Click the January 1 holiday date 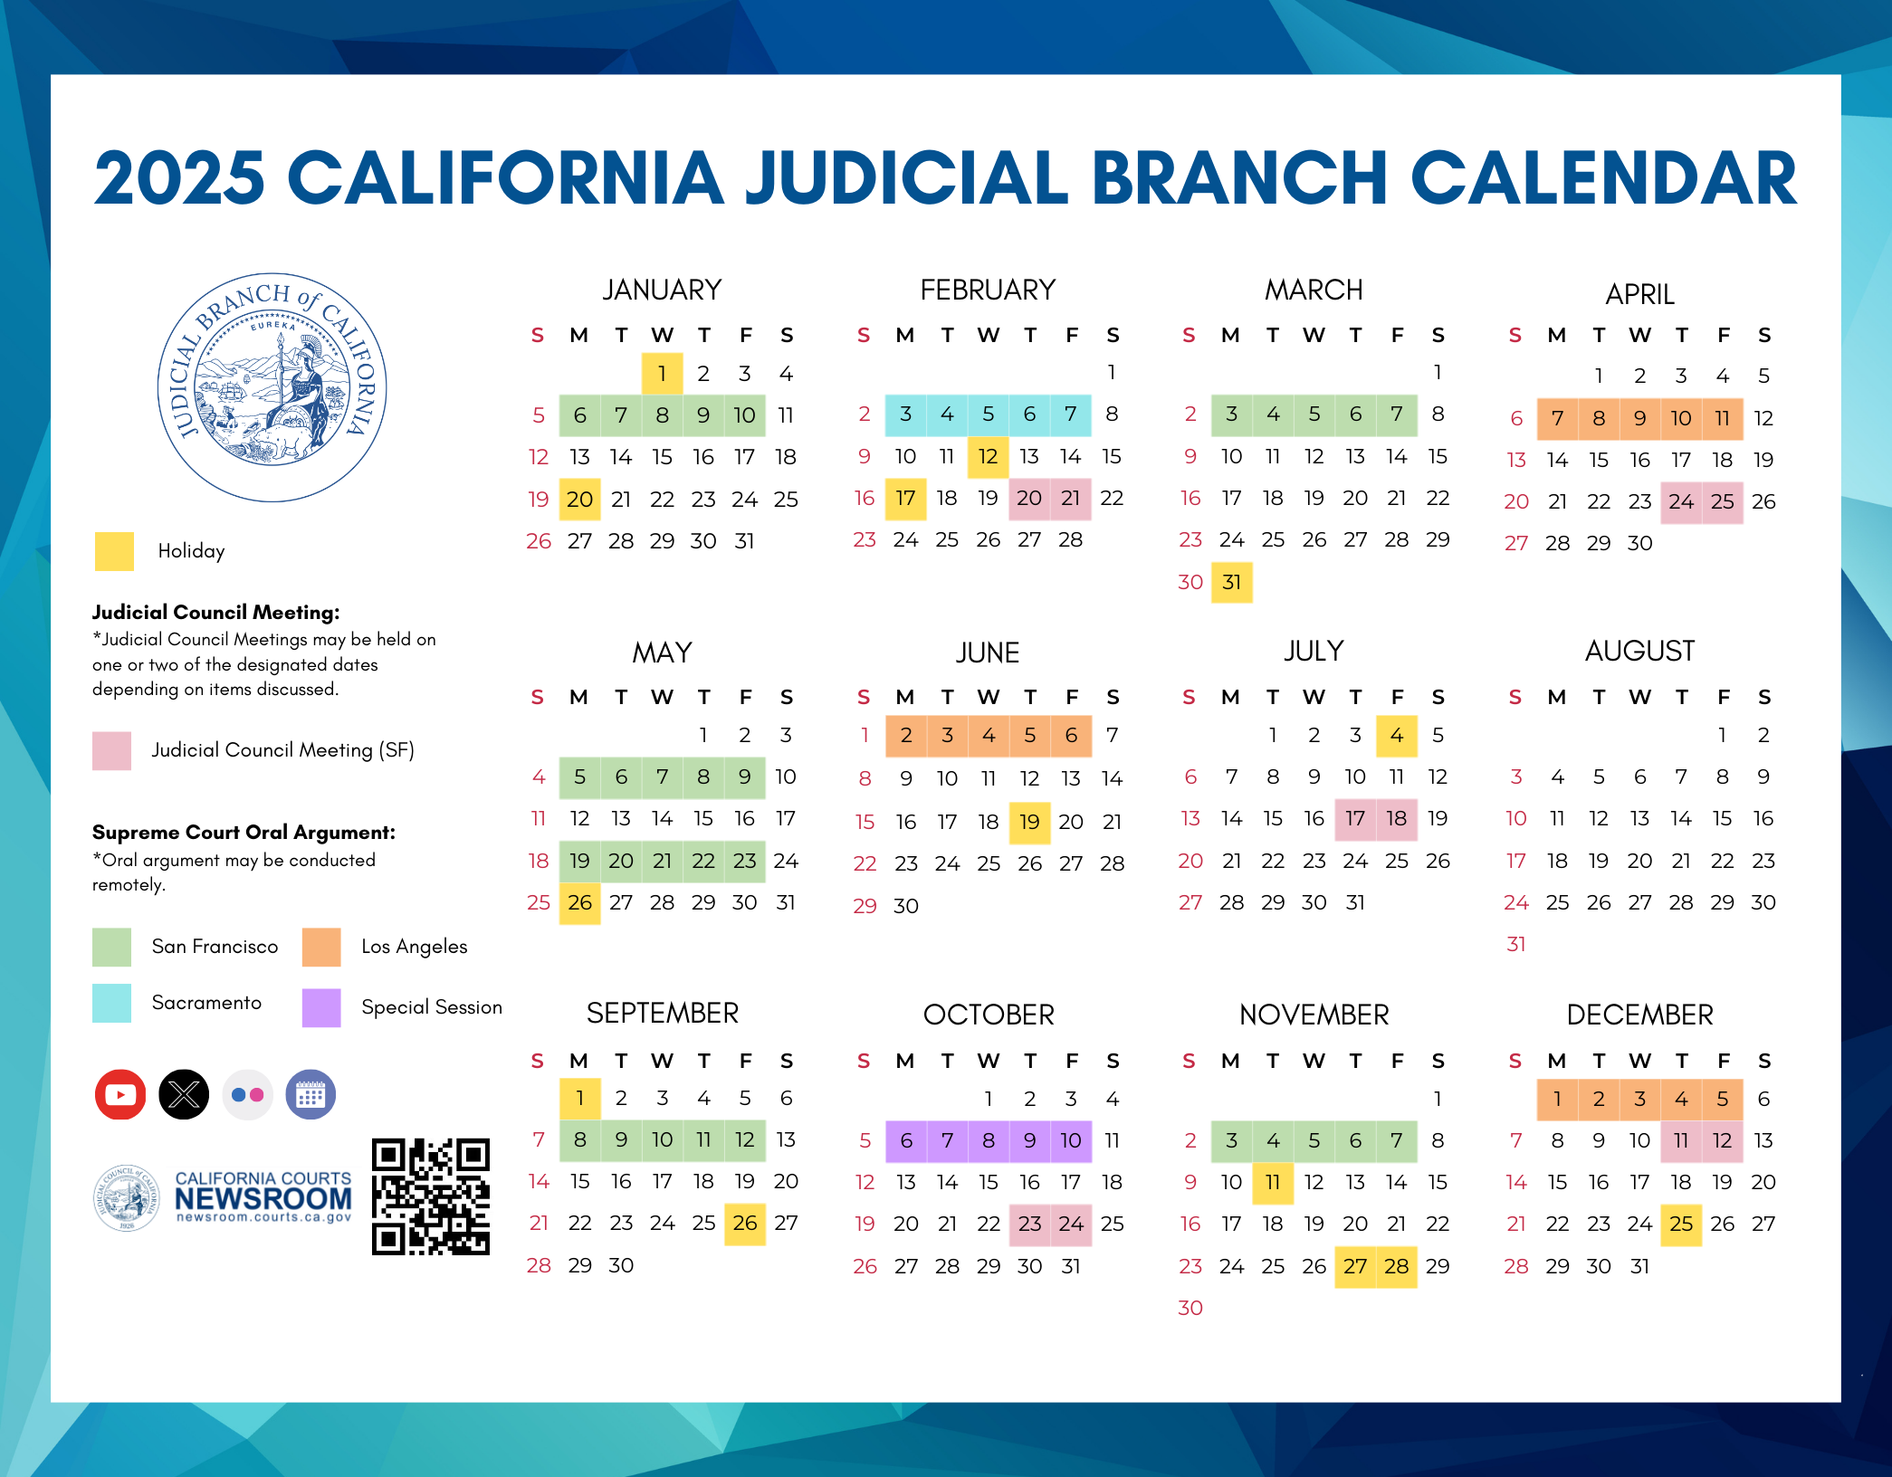[x=662, y=373]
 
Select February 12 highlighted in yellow [x=988, y=456]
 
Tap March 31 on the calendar [x=1231, y=582]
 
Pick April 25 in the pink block [x=1722, y=501]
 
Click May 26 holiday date [x=579, y=902]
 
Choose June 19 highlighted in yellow [x=1029, y=821]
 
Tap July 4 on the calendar [x=1396, y=735]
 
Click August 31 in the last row [x=1516, y=944]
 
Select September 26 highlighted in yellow [x=744, y=1223]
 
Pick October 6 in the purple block [x=906, y=1140]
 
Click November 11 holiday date [x=1272, y=1182]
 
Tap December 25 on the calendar [x=1681, y=1224]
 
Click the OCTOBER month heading [x=989, y=1015]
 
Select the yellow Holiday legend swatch [x=114, y=551]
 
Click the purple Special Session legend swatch [x=321, y=1007]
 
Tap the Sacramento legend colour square [x=112, y=1003]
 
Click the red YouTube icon [x=120, y=1095]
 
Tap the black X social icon [x=184, y=1095]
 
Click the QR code [x=431, y=1196]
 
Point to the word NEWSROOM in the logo [x=263, y=1198]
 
